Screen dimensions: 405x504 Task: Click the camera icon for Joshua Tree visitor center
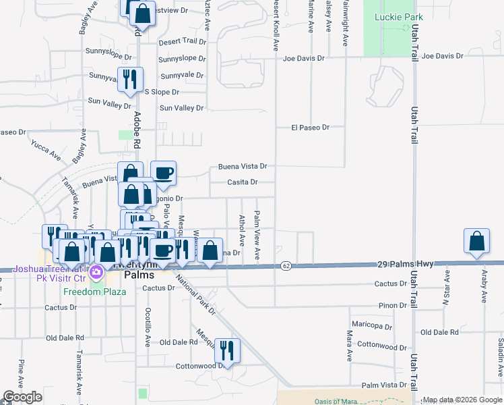(x=96, y=273)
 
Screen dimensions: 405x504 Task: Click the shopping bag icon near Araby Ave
(x=476, y=242)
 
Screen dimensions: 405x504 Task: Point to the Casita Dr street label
(x=243, y=182)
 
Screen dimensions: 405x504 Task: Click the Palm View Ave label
(x=257, y=235)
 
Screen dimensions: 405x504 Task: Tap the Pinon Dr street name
(x=393, y=306)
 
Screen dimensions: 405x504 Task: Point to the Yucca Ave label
(x=46, y=151)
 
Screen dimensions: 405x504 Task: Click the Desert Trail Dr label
(x=182, y=42)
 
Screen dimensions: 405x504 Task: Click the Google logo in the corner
(x=23, y=397)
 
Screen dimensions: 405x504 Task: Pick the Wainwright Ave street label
(x=344, y=24)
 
